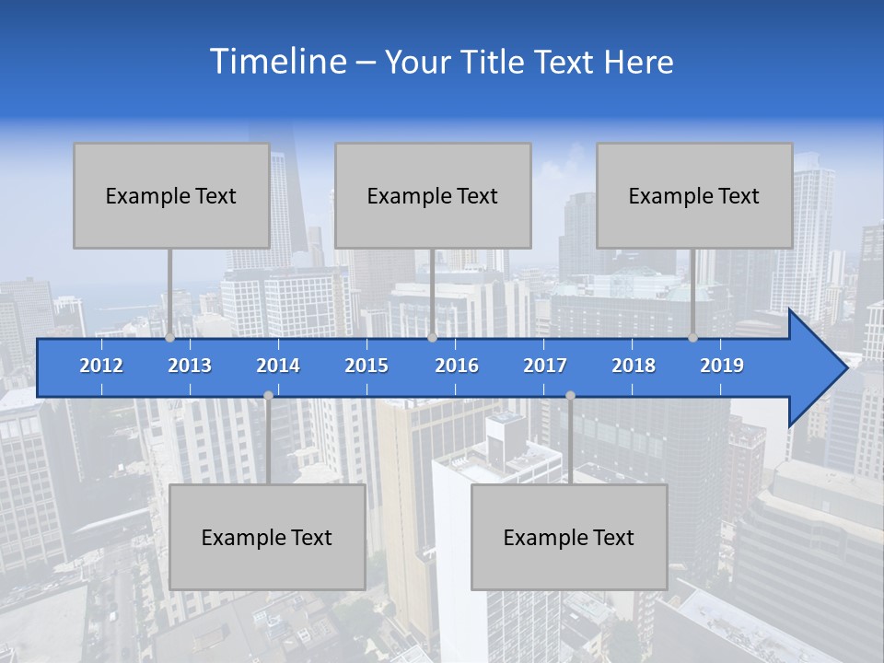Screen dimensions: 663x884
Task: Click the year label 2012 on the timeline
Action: tap(101, 366)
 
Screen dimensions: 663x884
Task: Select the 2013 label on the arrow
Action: tap(190, 366)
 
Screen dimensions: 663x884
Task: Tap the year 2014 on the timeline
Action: tap(278, 366)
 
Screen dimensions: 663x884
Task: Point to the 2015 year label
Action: tap(366, 366)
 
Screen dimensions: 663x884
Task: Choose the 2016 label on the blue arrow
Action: tap(457, 366)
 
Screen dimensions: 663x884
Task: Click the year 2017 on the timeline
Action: tap(545, 366)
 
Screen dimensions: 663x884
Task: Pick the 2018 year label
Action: tap(634, 366)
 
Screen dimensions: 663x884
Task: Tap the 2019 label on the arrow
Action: tap(722, 366)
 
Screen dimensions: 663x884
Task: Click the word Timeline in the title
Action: tap(276, 62)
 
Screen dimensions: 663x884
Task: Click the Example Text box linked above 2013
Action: tap(171, 195)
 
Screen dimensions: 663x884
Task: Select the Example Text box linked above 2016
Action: tap(433, 195)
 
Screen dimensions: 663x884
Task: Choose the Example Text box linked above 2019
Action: tap(694, 195)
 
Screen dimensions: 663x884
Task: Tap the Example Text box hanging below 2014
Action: tap(267, 537)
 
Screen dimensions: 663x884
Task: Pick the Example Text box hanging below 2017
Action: tap(569, 537)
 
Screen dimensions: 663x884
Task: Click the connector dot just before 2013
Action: tap(169, 338)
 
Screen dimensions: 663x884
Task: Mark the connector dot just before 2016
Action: tap(432, 338)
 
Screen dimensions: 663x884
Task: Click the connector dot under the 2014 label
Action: tap(268, 395)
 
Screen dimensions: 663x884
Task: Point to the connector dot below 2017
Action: tap(570, 395)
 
